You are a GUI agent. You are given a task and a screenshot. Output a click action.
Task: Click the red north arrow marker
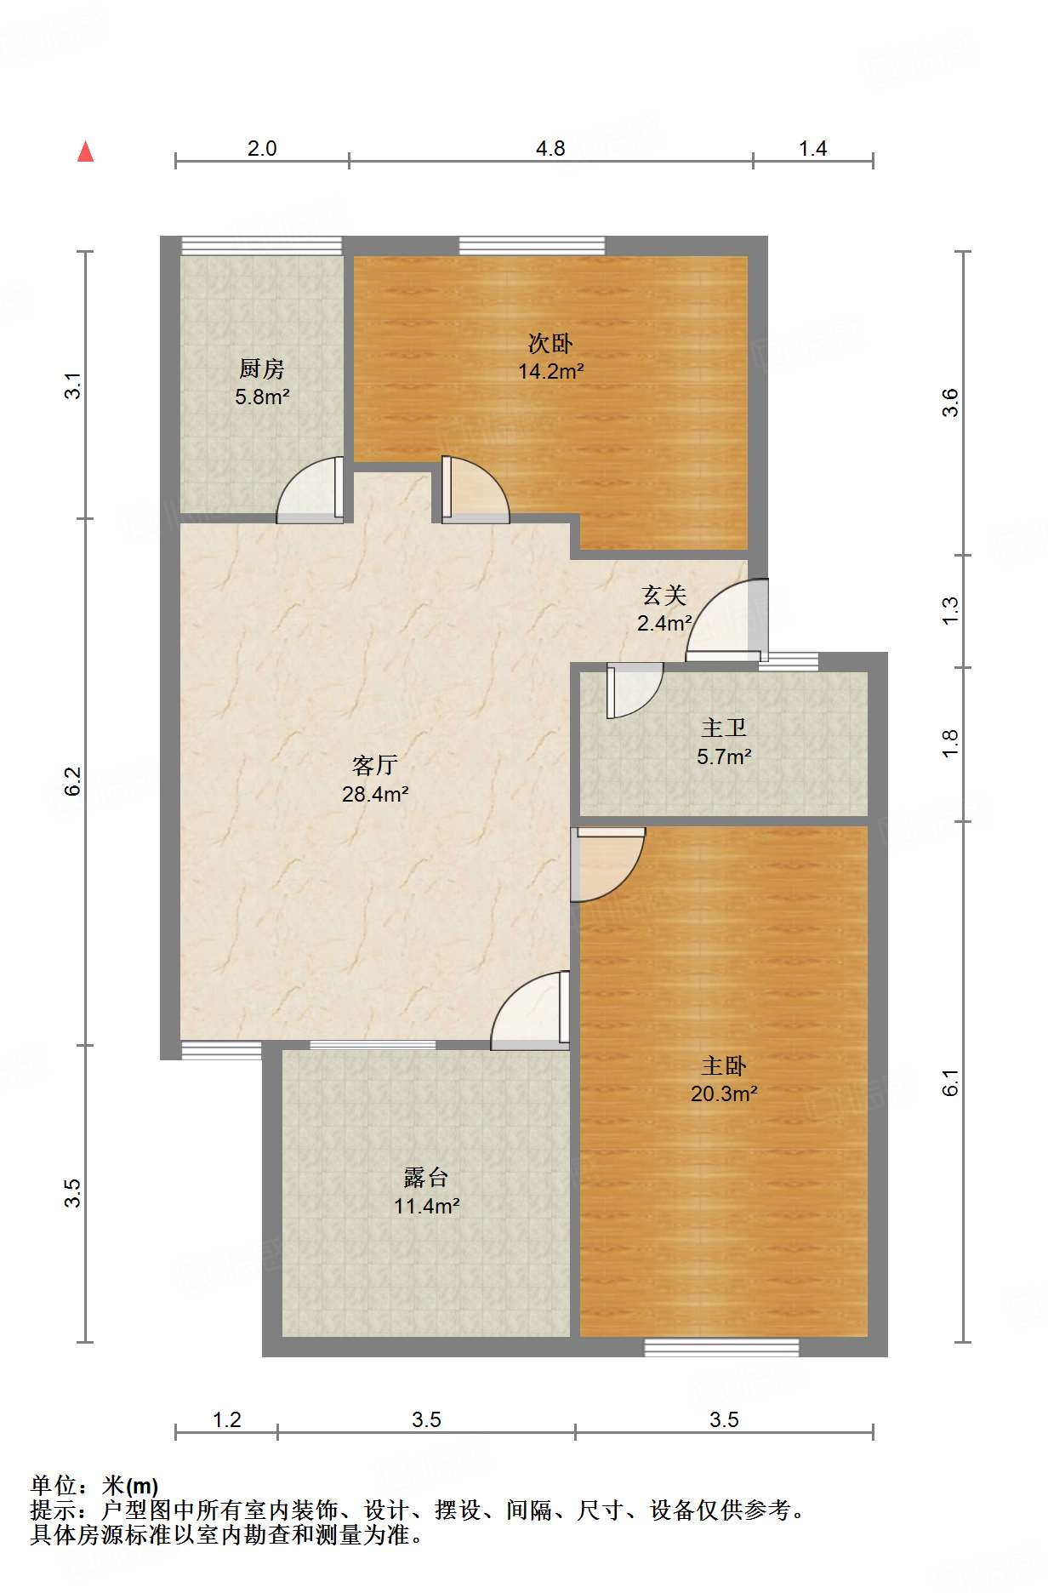85,151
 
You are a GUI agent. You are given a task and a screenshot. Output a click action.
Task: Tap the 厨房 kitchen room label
262,368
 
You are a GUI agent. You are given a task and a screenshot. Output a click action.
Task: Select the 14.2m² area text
551,372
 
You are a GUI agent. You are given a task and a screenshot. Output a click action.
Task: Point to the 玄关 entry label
664,595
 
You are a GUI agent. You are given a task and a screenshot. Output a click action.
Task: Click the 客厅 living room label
375,765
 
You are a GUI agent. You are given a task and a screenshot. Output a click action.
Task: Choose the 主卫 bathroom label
724,728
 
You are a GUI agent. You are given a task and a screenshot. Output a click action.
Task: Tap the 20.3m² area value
724,1094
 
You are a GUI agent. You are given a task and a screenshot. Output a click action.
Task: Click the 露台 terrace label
426,1178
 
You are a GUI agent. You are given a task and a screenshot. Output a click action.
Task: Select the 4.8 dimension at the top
550,148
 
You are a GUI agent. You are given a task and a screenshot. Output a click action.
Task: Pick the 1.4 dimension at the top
812,148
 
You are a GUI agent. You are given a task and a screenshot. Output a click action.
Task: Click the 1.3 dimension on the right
950,611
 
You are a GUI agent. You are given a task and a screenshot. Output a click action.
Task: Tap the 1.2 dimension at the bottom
226,1419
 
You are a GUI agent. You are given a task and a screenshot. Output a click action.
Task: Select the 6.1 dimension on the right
950,1082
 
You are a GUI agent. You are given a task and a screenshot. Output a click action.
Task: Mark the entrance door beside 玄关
727,619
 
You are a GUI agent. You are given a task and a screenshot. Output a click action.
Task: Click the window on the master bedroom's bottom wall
721,1347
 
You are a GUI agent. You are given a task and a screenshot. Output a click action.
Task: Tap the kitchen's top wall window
261,246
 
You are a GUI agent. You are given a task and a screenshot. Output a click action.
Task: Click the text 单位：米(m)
94,1486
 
